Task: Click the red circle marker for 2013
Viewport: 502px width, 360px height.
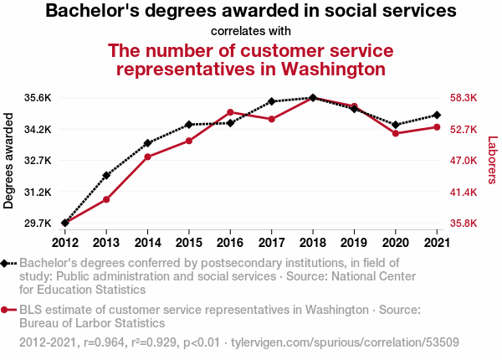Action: coord(106,199)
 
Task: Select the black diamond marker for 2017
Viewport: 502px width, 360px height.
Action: coord(271,101)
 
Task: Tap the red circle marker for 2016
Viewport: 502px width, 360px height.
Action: coord(230,112)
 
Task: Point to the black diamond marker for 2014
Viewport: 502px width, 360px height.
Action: coord(147,143)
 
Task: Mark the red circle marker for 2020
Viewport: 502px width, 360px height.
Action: coord(396,133)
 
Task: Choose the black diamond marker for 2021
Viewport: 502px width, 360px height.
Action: coord(437,115)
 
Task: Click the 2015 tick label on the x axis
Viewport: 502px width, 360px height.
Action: coord(189,243)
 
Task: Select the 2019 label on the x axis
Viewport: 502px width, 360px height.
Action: coord(354,243)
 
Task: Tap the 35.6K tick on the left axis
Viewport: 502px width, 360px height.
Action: coord(38,98)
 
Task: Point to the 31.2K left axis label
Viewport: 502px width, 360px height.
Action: coord(38,193)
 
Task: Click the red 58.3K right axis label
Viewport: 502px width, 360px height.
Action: coord(464,98)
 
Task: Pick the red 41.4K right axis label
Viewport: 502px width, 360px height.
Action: coord(464,193)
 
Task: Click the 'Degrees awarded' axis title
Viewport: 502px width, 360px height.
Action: coord(8,161)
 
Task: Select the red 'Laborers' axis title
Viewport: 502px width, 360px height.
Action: coord(492,160)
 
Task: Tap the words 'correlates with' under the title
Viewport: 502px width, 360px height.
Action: coord(251,31)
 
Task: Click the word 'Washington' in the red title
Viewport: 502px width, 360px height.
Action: coord(333,69)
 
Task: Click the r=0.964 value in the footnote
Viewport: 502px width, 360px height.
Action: coord(104,342)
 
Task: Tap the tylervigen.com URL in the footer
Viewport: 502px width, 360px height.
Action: coord(345,342)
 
